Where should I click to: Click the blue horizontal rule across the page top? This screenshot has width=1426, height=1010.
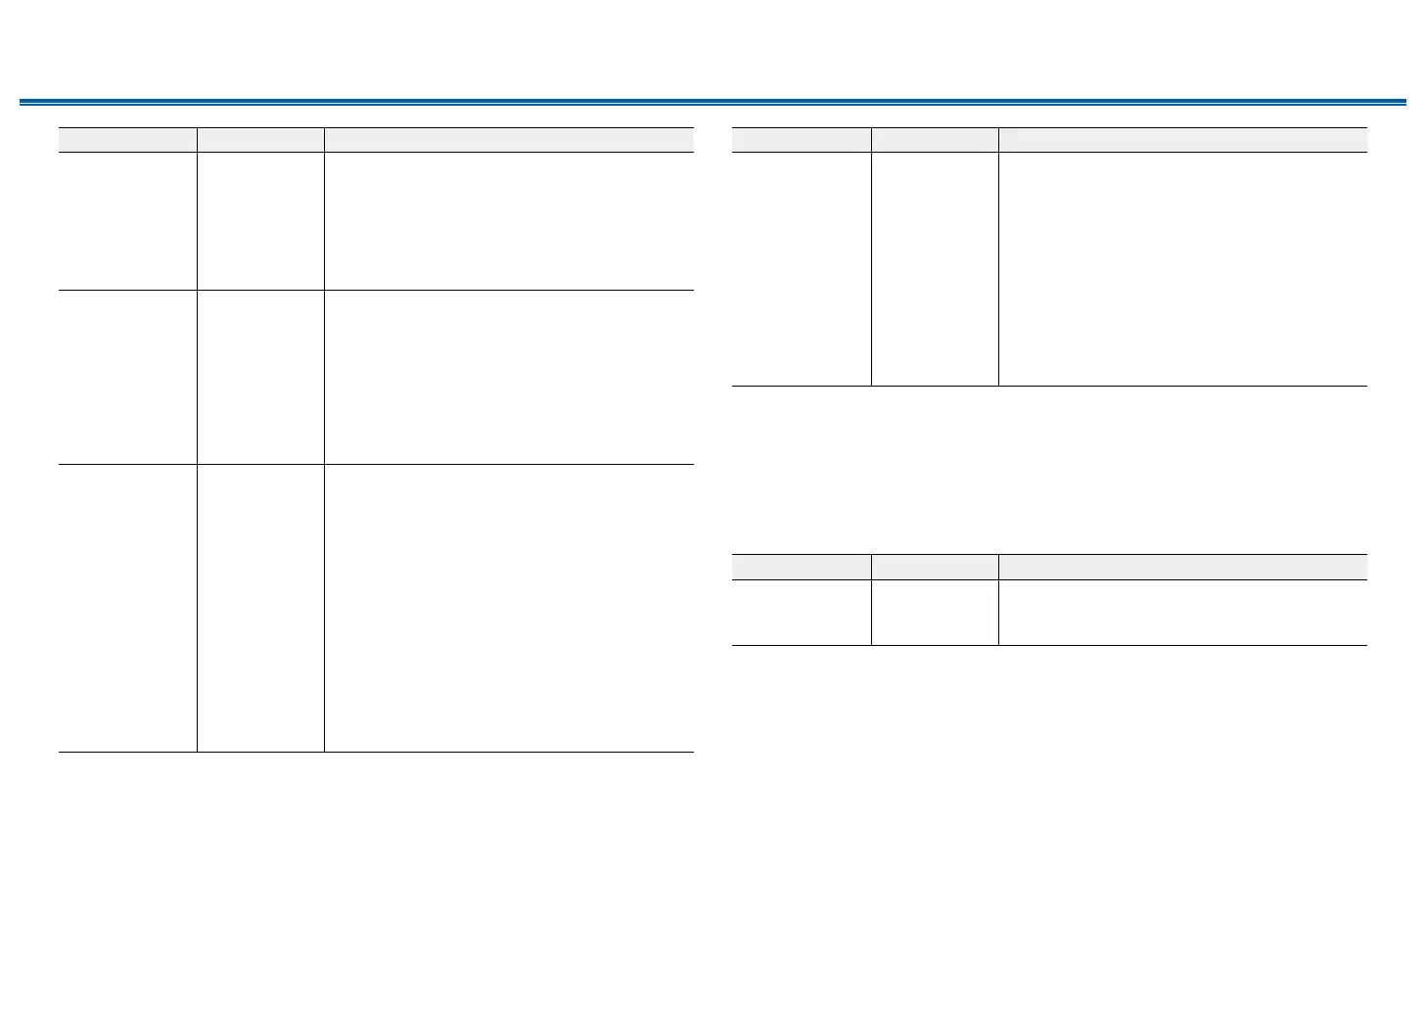[713, 101]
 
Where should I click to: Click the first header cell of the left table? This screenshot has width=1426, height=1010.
[127, 140]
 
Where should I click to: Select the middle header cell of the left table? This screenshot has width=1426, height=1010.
[260, 140]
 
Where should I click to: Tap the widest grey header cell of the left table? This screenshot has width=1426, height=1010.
[509, 140]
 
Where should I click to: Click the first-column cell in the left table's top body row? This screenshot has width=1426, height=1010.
[127, 221]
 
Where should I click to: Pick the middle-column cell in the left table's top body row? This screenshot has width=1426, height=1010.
[260, 221]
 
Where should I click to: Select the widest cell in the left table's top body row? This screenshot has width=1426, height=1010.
[509, 221]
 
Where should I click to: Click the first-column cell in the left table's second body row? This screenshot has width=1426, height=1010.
[127, 377]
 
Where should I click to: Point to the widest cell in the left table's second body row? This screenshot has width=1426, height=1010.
[509, 377]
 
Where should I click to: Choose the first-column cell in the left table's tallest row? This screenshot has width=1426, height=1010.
[127, 608]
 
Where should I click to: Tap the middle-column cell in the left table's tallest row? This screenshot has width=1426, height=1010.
[260, 608]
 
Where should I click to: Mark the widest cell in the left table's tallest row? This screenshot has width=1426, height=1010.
[509, 608]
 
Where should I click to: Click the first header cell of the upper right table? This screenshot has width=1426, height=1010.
[802, 140]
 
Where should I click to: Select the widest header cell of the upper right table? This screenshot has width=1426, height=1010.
[1182, 140]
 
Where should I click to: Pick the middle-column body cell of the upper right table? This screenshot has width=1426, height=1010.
[935, 269]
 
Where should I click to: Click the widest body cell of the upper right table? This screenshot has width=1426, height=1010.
[1182, 269]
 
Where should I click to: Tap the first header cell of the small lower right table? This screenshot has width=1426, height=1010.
[802, 567]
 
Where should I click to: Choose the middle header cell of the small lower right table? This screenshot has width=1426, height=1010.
[935, 567]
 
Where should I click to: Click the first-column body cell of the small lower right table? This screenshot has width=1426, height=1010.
[802, 613]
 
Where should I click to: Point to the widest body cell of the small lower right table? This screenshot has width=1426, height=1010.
[1182, 613]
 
